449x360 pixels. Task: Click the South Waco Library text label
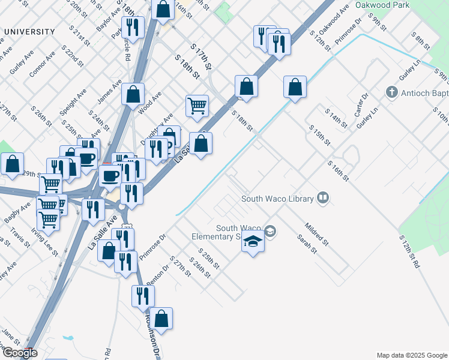(277, 199)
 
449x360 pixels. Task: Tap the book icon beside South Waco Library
(324, 198)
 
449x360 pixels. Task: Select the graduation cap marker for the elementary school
(253, 242)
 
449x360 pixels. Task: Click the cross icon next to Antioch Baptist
(392, 93)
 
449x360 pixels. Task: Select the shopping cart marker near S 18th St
(197, 106)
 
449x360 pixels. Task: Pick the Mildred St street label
(317, 233)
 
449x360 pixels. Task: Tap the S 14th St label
(336, 118)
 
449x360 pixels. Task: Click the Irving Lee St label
(45, 241)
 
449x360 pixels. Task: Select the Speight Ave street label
(73, 102)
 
